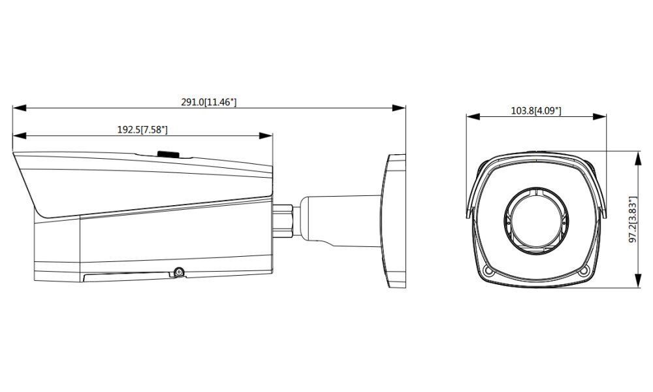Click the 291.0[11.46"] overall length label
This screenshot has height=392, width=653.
[x=209, y=103]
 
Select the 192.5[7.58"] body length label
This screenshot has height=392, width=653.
[x=142, y=129]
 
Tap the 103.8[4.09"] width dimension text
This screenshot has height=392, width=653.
[x=535, y=110]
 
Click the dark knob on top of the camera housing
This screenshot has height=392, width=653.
[x=168, y=154]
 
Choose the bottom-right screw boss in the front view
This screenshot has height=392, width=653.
[x=582, y=270]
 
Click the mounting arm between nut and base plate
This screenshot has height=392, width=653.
[x=340, y=219]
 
